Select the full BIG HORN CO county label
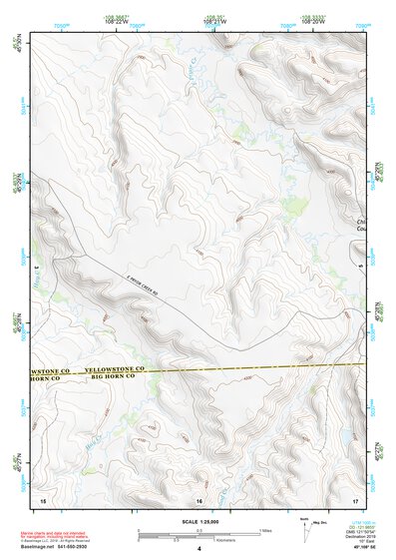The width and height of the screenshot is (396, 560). tap(119, 376)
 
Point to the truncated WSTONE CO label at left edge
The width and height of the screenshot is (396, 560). tap(47, 368)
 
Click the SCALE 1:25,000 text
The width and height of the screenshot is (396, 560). tap(198, 521)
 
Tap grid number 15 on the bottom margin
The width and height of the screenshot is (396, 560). tap(42, 498)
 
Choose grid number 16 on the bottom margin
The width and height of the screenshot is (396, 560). tap(199, 498)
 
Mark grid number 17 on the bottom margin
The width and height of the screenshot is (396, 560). tap(355, 498)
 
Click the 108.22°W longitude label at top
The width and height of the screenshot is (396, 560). tap(119, 22)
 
